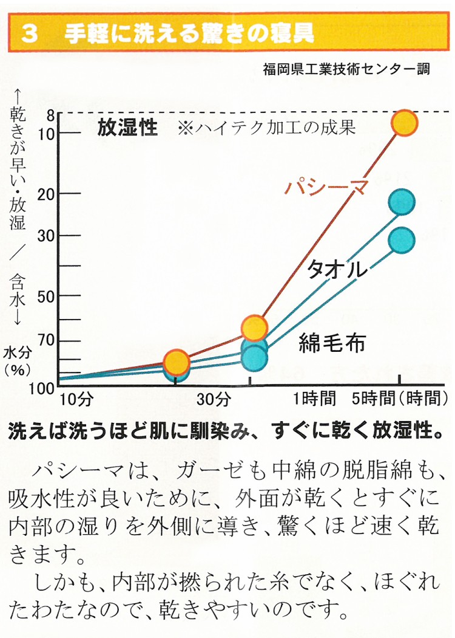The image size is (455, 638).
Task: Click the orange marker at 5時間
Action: [405, 123]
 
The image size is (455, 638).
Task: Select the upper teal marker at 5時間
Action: [402, 202]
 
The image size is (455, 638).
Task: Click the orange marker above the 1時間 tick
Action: [254, 328]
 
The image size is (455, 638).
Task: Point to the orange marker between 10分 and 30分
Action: [176, 363]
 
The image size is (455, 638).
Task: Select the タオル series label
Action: [337, 269]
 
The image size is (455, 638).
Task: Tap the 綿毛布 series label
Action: [332, 343]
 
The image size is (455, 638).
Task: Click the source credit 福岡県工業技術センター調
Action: [346, 69]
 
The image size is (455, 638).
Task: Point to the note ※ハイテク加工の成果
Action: [266, 128]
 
